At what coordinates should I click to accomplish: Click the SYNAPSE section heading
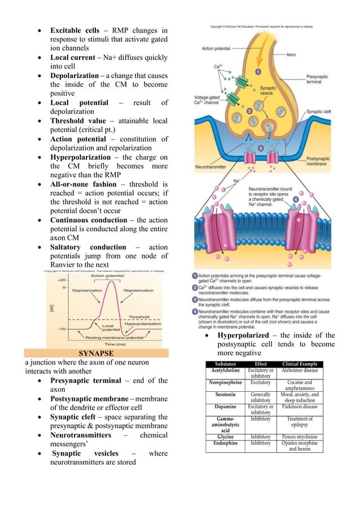click(x=95, y=353)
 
